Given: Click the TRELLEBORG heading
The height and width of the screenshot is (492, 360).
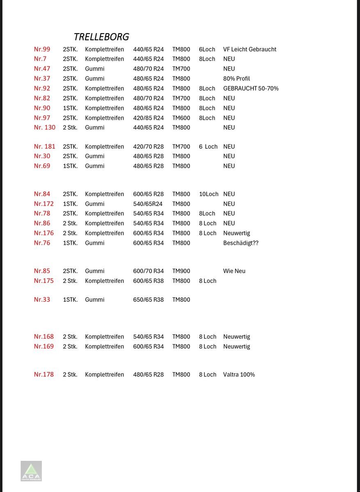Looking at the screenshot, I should click(101, 37).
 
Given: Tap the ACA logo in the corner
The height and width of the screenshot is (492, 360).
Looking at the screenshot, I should click(31, 471).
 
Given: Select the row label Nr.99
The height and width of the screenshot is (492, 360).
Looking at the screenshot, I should click(42, 49).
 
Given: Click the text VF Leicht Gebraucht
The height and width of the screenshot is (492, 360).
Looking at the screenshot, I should click(250, 49).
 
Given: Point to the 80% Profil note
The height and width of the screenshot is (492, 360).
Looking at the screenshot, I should click(236, 79).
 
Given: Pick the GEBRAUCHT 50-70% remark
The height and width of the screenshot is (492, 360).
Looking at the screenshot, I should click(251, 89).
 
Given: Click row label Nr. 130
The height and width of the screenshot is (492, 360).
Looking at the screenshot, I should click(44, 128).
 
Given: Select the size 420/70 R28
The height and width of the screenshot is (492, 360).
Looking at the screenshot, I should click(148, 147).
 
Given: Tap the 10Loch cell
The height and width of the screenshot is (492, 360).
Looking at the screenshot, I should click(209, 194).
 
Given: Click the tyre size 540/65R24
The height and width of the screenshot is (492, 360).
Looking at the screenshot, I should click(148, 204).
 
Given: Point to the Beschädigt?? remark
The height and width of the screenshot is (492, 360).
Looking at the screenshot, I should click(241, 243).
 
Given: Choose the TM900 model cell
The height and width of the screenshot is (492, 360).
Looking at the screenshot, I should click(181, 271).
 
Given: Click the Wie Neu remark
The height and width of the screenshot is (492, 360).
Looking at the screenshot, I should click(234, 271).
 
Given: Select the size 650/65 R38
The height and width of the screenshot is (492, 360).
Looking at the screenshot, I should click(148, 300).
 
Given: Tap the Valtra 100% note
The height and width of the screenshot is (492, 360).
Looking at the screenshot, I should click(239, 375).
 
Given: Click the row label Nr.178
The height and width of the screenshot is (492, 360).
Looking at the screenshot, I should click(43, 374).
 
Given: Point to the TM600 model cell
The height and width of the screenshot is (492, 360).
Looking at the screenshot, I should click(181, 118).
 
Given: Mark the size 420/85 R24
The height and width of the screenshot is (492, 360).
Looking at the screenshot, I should click(148, 118).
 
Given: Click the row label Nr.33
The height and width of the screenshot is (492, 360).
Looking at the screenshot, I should click(42, 300).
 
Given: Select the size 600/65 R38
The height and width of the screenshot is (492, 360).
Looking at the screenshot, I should click(148, 281).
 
